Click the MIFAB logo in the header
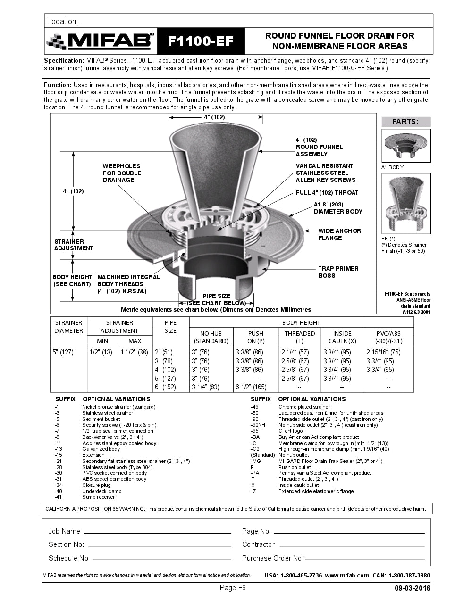coord(100,41)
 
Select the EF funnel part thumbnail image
coord(406,203)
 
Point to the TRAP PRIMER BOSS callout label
coord(338,272)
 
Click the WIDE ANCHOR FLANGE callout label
coord(339,234)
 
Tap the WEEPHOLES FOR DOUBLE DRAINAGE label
coord(121,173)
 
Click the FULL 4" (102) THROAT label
coord(327,193)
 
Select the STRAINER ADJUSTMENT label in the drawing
coord(74,245)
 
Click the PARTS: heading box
coord(405,122)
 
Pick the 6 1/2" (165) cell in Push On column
coord(251,387)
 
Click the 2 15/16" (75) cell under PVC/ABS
coord(383,352)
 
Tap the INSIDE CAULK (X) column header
coord(342,337)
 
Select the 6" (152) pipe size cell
coord(164,387)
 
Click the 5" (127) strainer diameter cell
coord(63,352)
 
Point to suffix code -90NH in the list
coord(258,425)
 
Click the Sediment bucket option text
coord(101,419)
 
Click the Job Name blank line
coord(157,532)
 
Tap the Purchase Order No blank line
coord(364,559)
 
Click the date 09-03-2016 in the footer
coord(412,588)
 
